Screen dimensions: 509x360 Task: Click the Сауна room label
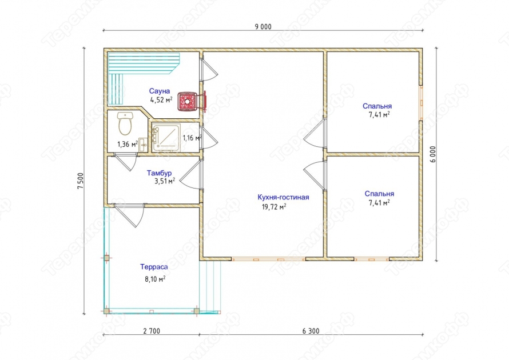[160, 91]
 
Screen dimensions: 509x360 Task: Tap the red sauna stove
[188, 101]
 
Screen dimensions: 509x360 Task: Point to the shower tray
[166, 138]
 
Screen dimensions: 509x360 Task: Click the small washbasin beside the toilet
[143, 145]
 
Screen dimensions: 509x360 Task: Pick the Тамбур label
[159, 173]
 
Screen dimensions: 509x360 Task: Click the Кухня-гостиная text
[283, 197]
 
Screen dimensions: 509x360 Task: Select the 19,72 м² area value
[274, 207]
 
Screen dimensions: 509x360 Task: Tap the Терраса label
[154, 267]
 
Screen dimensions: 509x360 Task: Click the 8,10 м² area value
[155, 279]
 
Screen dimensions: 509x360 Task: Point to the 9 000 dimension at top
[263, 27]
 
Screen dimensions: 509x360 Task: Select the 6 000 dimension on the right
[434, 154]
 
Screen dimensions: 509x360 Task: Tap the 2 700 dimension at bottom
[152, 331]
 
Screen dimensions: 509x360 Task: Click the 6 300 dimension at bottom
[311, 331]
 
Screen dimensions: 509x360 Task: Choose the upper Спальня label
[377, 106]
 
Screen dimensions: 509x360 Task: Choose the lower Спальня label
[379, 194]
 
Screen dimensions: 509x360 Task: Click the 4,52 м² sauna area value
[161, 100]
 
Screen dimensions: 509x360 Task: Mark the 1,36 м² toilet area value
[128, 145]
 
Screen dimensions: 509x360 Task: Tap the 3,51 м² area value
[165, 181]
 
